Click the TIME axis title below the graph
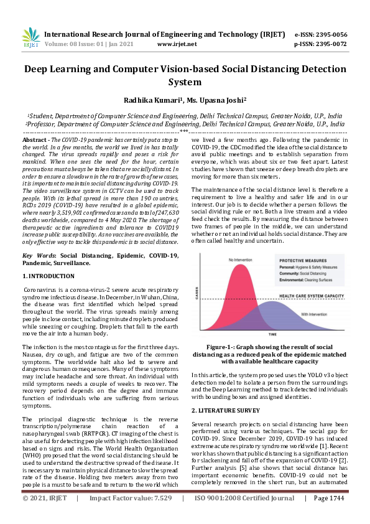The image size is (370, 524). click(273, 334)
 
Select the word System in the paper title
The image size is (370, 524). click(185, 82)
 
